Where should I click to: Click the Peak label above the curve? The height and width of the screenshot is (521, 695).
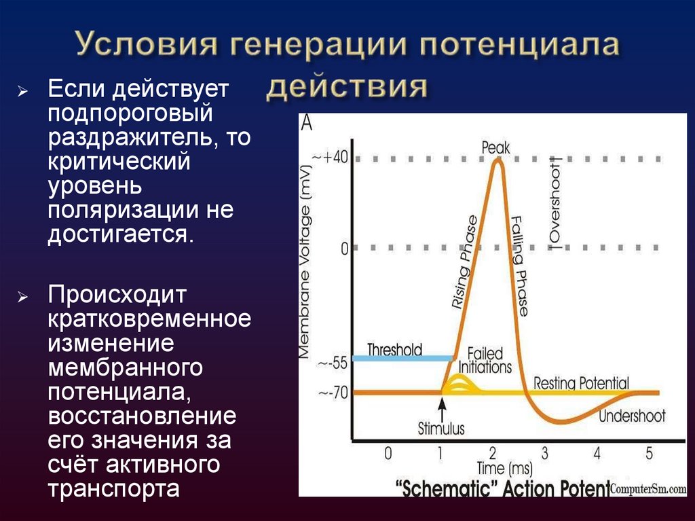[x=495, y=147]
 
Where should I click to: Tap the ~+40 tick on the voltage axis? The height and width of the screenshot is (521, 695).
[x=331, y=158]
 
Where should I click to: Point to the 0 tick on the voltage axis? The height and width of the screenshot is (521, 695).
[x=344, y=249]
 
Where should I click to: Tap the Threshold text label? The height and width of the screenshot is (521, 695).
[x=394, y=350]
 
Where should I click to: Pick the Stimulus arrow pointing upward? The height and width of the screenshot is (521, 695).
[x=442, y=408]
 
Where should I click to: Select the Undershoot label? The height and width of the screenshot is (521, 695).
[x=631, y=416]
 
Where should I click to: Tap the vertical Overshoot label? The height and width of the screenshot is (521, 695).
[x=555, y=204]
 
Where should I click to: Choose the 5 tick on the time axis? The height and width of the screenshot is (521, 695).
[x=649, y=453]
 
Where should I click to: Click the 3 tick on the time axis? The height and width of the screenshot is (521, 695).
[x=544, y=453]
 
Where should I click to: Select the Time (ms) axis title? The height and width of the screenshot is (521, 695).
[x=500, y=469]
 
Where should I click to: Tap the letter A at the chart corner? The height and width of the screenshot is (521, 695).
[x=307, y=124]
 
